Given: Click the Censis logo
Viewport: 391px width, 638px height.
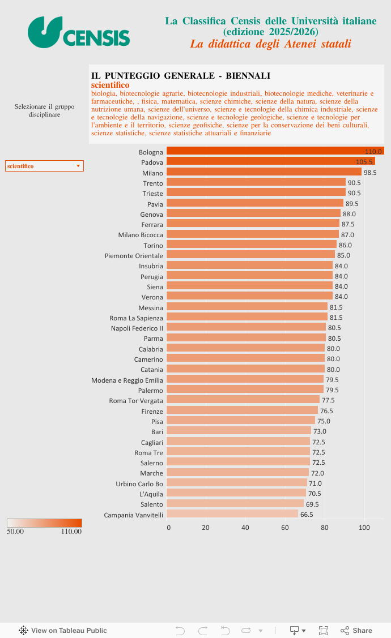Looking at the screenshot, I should click(x=79, y=32).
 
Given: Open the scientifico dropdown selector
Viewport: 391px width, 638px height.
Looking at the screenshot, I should click(x=44, y=166).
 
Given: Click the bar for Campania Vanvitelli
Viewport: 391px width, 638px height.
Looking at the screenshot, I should click(x=232, y=514).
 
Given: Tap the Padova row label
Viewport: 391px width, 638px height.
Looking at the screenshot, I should click(x=152, y=162).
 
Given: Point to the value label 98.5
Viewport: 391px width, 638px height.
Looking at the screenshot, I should click(x=370, y=173).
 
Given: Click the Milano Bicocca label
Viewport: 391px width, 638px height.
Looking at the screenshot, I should click(x=141, y=235).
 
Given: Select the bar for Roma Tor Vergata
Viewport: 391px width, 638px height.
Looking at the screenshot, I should click(x=243, y=400).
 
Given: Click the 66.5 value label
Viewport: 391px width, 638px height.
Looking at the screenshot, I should click(x=307, y=515).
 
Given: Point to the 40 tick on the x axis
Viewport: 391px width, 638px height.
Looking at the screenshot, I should click(x=245, y=528).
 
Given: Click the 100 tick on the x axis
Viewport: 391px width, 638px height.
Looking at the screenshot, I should click(x=364, y=528).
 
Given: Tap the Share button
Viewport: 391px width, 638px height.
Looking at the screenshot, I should click(x=356, y=631).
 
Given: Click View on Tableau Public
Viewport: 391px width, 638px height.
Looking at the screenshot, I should click(x=63, y=631).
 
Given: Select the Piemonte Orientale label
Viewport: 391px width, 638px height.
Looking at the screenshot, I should click(x=134, y=256).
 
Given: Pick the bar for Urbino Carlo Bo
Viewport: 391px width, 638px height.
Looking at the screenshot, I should click(x=237, y=483).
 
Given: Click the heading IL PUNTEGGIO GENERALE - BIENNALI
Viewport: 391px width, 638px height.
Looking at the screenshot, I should click(x=180, y=76).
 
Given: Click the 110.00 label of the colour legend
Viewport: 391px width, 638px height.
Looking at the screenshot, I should click(x=71, y=532).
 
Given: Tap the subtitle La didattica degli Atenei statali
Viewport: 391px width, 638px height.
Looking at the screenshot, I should click(x=270, y=44).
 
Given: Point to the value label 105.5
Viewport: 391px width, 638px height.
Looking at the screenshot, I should click(x=364, y=162).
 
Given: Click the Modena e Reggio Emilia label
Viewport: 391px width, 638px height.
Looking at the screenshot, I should click(x=127, y=380).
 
